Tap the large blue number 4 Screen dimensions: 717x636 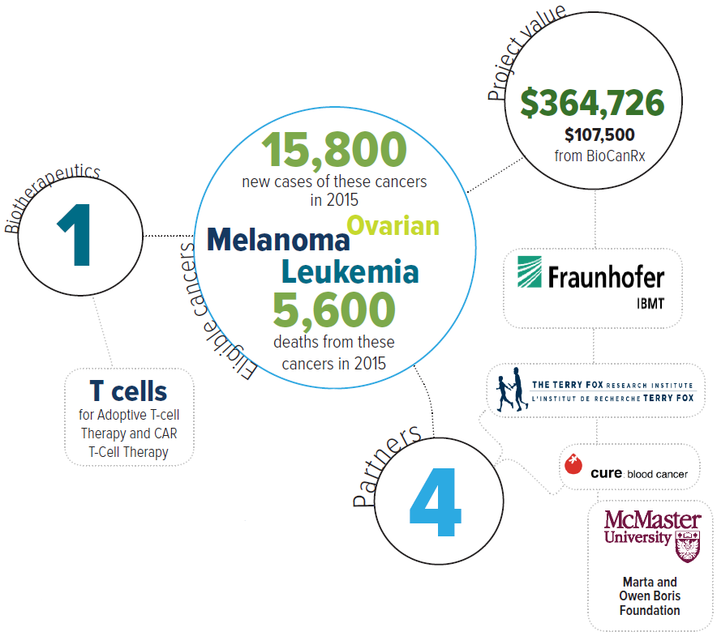coord(436,502)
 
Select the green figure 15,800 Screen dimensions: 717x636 coord(334,149)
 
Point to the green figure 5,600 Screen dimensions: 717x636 coord(334,309)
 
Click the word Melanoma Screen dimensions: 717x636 coord(278,240)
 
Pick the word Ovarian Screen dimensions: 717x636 coord(393,226)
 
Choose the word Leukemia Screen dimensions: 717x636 coord(350,272)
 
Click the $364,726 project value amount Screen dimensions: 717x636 coord(592,103)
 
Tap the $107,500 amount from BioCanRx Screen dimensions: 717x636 coord(599,134)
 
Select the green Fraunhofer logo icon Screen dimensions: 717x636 coord(530,272)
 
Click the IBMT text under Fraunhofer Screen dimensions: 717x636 coord(650,304)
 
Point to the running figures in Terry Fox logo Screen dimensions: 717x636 coord(512,390)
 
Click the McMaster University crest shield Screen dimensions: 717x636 coord(688,546)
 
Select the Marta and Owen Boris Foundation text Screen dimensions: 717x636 coord(650,596)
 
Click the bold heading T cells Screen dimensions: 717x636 coord(128,391)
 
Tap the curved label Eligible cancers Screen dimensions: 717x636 coord(215,310)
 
